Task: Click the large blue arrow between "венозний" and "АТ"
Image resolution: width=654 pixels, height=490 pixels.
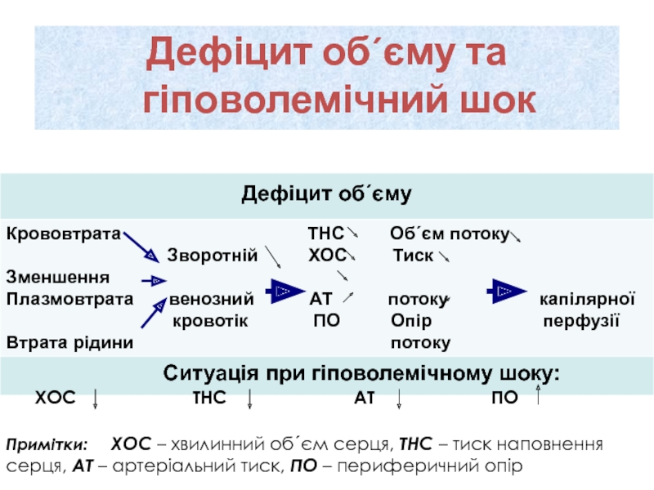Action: click(x=281, y=292)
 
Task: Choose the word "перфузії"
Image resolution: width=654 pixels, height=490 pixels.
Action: click(x=581, y=317)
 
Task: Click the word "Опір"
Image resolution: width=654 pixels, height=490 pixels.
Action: click(x=411, y=317)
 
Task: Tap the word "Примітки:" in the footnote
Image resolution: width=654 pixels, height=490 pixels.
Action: click(x=47, y=445)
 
